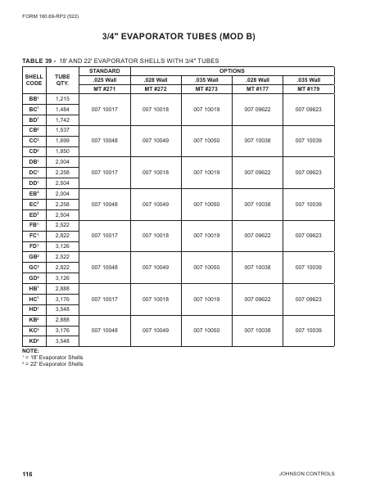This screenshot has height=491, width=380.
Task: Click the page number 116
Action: click(27, 474)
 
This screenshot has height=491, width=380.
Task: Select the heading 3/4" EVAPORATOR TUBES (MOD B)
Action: click(189, 38)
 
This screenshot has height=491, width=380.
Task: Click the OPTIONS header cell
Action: click(233, 70)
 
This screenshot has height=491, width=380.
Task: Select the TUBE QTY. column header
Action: click(62, 79)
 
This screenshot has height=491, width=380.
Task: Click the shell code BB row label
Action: click(34, 97)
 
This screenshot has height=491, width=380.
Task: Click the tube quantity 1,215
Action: click(62, 97)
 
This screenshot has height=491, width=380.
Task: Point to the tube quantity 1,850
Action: click(62, 151)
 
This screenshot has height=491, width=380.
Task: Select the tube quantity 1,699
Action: click(62, 140)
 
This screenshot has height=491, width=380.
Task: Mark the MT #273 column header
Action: click(206, 88)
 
